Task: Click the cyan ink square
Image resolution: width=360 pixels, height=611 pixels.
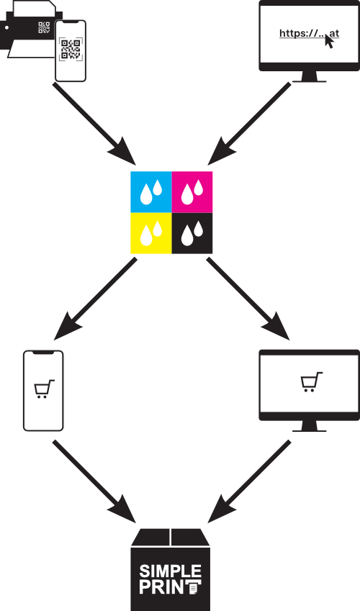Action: tap(151, 191)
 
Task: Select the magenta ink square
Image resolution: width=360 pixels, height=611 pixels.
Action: tap(192, 191)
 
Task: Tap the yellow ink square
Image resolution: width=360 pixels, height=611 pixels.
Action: tap(151, 233)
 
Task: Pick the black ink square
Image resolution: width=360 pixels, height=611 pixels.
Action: tap(192, 233)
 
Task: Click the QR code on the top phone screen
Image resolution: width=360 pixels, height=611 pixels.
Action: tap(71, 49)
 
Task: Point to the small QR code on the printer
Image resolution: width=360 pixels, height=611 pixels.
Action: tap(44, 27)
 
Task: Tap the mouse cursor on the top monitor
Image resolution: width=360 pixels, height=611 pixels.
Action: tap(330, 41)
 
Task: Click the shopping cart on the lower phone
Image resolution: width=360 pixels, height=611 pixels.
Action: tap(44, 389)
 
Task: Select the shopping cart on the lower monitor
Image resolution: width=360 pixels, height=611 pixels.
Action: tap(311, 382)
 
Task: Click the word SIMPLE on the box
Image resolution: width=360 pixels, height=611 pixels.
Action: tap(171, 571)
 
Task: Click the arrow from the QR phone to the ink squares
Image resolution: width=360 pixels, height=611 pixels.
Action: tap(94, 125)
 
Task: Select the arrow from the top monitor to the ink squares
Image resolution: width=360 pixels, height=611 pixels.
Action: tap(249, 124)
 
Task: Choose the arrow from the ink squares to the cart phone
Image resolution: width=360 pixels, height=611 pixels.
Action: tap(96, 299)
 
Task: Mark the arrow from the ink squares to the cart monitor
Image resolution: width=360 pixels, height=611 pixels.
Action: tap(248, 299)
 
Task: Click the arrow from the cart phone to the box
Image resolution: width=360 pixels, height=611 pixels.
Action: tap(94, 481)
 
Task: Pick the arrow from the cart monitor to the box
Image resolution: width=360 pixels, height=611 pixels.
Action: tap(249, 481)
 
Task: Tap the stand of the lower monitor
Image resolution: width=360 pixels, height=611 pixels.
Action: tap(310, 426)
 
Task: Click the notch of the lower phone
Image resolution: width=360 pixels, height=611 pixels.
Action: tap(43, 352)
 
